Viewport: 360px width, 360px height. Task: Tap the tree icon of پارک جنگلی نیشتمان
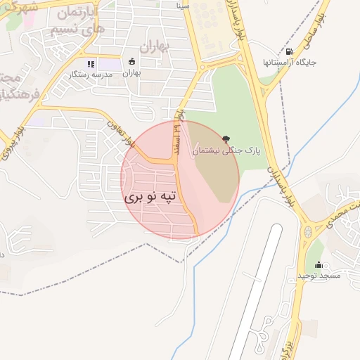point(225,139)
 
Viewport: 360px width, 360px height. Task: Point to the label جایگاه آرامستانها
point(290,63)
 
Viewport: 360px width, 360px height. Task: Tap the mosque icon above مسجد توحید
point(320,265)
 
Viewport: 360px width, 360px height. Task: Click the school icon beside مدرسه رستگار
point(91,64)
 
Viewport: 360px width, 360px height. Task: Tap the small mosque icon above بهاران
point(132,61)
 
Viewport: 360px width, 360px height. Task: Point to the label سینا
point(183,4)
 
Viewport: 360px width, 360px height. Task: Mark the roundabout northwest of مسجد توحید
point(307,231)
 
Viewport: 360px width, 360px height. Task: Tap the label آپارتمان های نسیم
point(78,22)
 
